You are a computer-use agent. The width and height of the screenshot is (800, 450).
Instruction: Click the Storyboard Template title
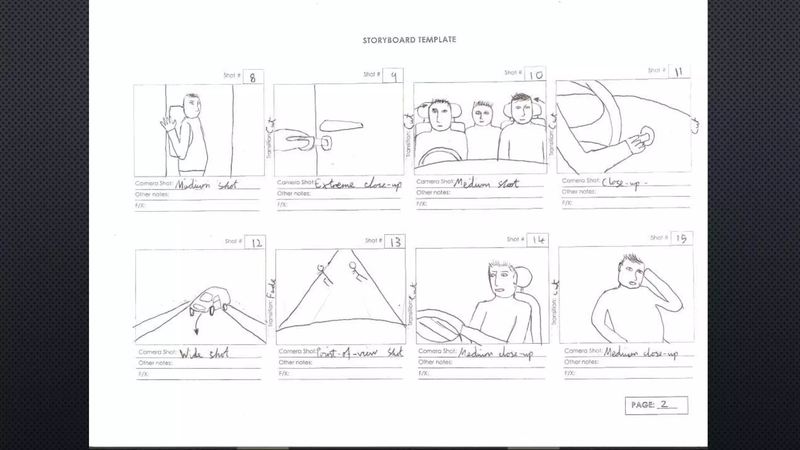409,40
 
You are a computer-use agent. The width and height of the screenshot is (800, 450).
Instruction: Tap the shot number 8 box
253,77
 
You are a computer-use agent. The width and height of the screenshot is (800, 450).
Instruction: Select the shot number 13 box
395,242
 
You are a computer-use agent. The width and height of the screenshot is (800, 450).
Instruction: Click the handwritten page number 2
664,404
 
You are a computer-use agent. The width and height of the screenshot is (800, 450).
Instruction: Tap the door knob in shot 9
326,143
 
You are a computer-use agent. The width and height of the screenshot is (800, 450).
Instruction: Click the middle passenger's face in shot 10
483,114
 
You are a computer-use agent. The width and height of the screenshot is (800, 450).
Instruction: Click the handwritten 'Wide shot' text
204,353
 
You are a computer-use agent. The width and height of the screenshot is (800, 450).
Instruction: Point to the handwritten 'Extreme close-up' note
358,184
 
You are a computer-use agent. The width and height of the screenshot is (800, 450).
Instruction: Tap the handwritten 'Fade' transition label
272,289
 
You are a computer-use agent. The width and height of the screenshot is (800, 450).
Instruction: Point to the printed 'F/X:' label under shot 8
140,205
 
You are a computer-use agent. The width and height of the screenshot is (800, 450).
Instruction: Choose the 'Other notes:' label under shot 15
581,362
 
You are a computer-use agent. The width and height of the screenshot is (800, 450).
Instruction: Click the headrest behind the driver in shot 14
525,279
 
